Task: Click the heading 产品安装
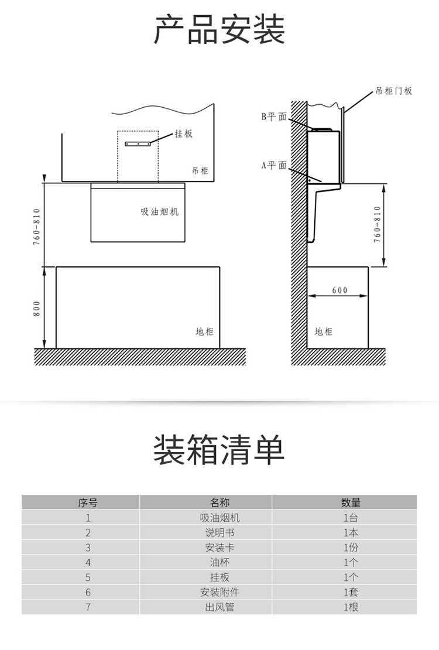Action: click(220, 29)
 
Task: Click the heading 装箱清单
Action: click(220, 450)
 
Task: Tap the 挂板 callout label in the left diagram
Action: click(183, 134)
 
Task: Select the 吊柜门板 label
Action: click(394, 91)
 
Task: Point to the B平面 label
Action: click(273, 117)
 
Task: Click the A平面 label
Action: click(273, 165)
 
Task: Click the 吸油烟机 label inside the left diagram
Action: click(160, 212)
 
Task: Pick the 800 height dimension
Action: click(36, 309)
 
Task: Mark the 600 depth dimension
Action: click(339, 290)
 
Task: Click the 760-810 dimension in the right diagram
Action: click(377, 224)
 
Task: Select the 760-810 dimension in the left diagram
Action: click(36, 227)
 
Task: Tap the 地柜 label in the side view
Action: click(323, 331)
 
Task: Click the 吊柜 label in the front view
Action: click(200, 170)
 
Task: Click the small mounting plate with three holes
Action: click(138, 144)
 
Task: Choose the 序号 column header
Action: click(88, 503)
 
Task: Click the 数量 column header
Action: click(351, 503)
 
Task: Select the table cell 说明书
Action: click(220, 533)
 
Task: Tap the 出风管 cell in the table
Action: click(220, 607)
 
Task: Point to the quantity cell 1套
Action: click(351, 593)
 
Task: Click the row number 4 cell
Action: click(88, 563)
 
